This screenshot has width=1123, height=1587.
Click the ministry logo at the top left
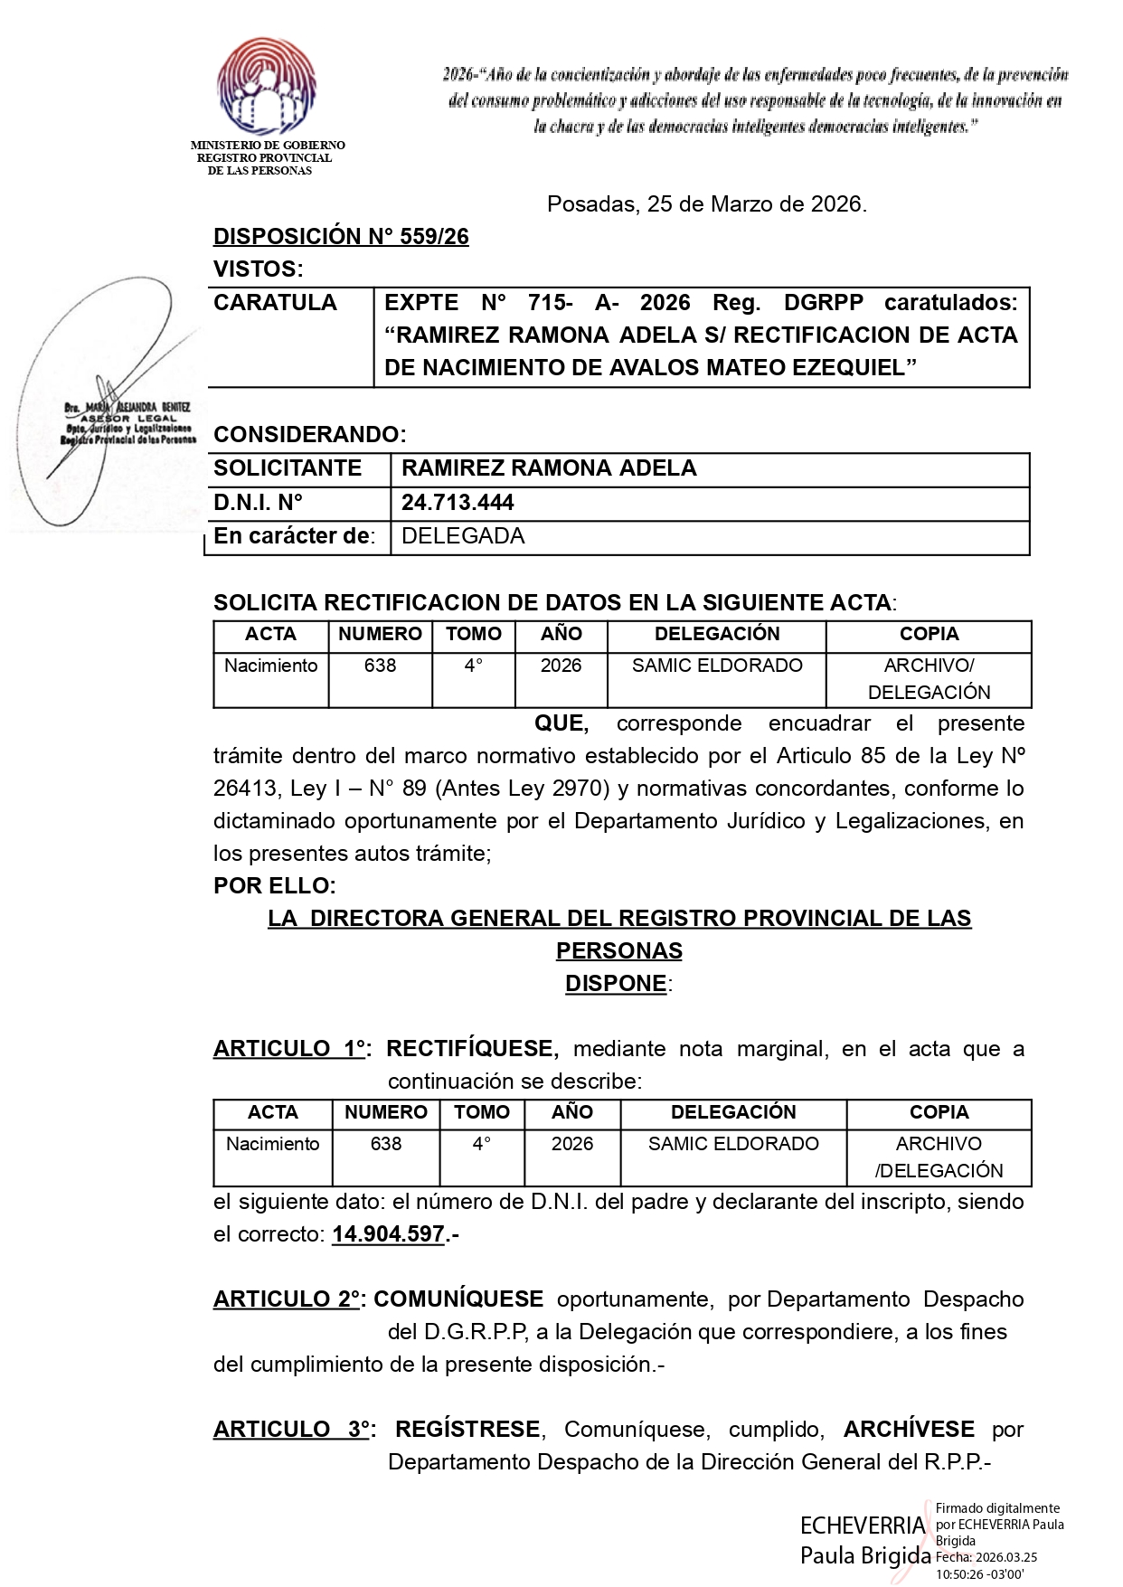point(267,88)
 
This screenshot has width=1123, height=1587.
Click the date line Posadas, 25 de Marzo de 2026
point(706,204)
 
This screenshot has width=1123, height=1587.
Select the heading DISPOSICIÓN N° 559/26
point(341,237)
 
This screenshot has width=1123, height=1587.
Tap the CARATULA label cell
point(275,303)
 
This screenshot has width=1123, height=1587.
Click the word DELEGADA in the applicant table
point(463,536)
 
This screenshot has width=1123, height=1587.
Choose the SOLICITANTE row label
point(288,468)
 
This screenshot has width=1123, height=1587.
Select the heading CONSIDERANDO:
point(310,435)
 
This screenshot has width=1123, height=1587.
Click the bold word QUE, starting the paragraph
point(561,723)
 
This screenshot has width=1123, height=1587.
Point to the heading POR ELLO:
point(275,885)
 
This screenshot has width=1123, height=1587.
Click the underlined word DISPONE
point(616,984)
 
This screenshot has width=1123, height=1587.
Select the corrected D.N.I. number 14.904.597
point(388,1234)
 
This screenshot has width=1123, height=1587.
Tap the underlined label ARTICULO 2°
point(287,1299)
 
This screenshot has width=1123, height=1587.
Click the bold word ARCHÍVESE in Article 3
point(909,1430)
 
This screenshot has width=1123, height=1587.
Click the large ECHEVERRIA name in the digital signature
point(863,1526)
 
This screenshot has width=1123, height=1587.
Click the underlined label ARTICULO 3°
point(291,1430)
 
